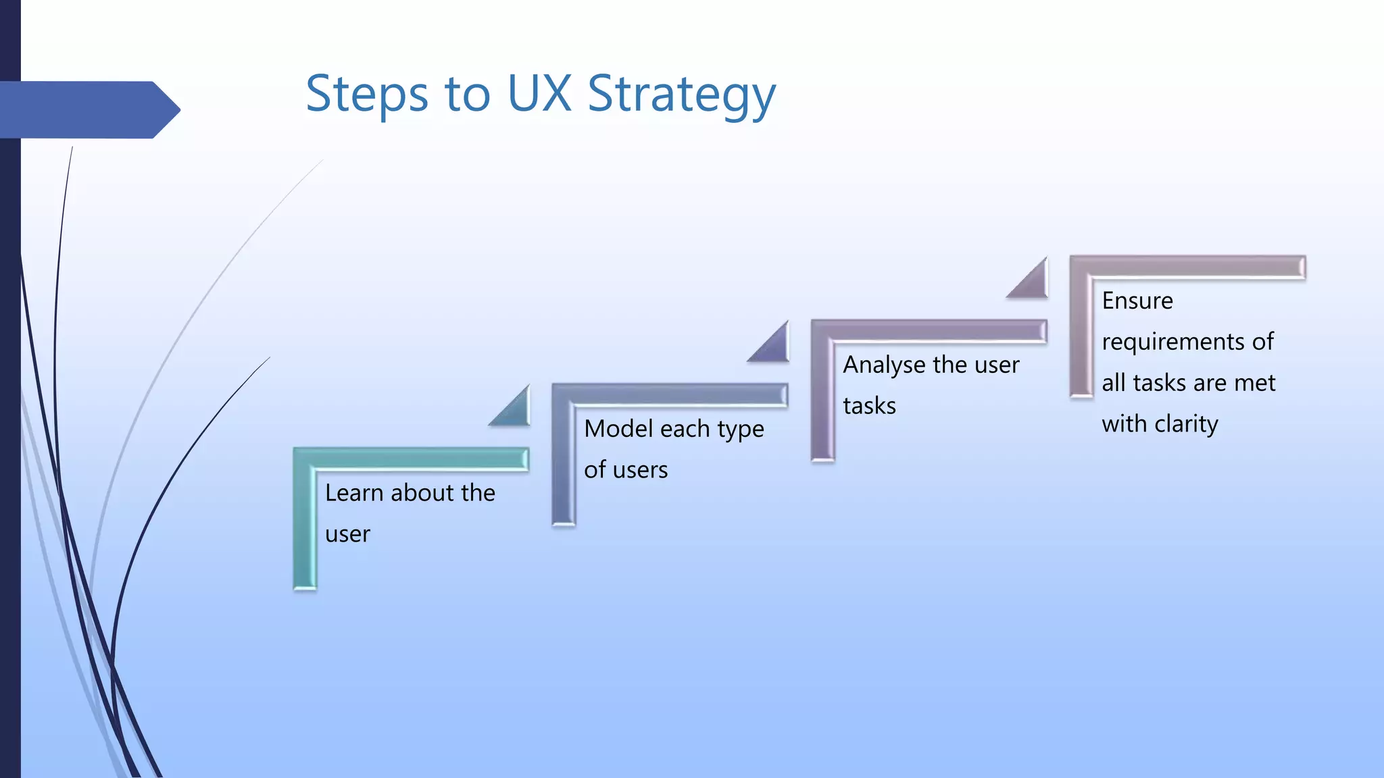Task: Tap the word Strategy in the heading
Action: (681, 95)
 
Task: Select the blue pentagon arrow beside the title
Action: (88, 109)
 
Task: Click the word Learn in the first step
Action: (354, 493)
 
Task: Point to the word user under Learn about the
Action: (347, 534)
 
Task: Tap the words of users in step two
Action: (626, 470)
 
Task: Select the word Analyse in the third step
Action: (884, 365)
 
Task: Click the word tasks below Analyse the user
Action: (869, 406)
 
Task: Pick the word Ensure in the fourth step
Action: (1137, 301)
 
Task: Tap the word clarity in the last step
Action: (1186, 424)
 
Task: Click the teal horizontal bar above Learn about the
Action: (412, 459)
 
